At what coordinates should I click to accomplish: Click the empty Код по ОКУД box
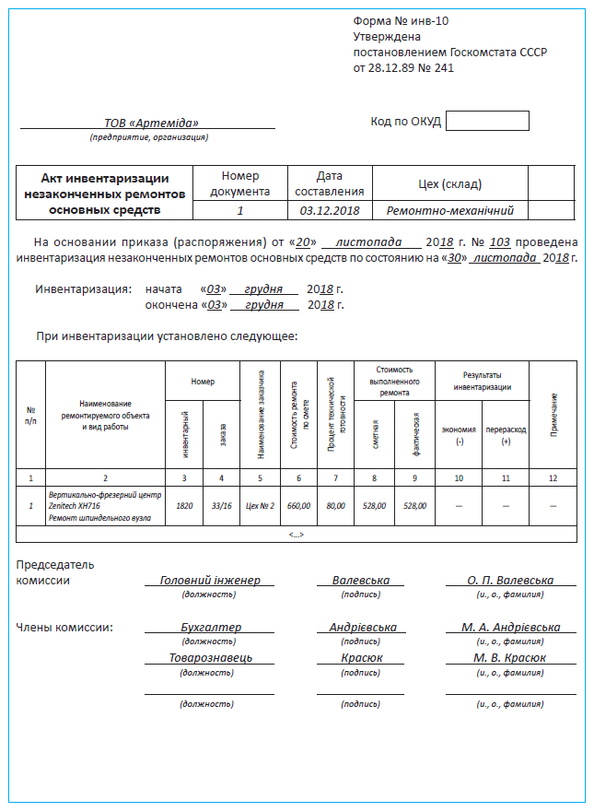pyautogui.click(x=487, y=121)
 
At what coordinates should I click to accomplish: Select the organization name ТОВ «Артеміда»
pyautogui.click(x=152, y=123)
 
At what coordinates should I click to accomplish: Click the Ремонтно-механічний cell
pyautogui.click(x=450, y=211)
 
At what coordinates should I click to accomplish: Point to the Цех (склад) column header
pyautogui.click(x=450, y=184)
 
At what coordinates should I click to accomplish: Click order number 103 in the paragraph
pyautogui.click(x=500, y=242)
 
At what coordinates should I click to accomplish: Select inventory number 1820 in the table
pyautogui.click(x=184, y=506)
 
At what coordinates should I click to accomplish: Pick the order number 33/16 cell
pyautogui.click(x=222, y=506)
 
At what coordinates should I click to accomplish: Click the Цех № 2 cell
pyautogui.click(x=260, y=506)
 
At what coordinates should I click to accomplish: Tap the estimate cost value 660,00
pyautogui.click(x=298, y=506)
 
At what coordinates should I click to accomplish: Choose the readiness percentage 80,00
pyautogui.click(x=336, y=506)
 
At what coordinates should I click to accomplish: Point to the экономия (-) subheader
pyautogui.click(x=459, y=435)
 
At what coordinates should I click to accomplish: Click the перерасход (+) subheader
pyautogui.click(x=506, y=435)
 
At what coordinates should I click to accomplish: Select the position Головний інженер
pyautogui.click(x=210, y=581)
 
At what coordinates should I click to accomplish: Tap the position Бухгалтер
pyautogui.click(x=210, y=628)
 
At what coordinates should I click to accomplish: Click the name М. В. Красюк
pyautogui.click(x=509, y=658)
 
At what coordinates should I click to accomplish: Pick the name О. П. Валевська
pyautogui.click(x=510, y=581)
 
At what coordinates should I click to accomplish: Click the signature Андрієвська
pyautogui.click(x=363, y=628)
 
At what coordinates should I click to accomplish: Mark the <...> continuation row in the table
pyautogui.click(x=297, y=534)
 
